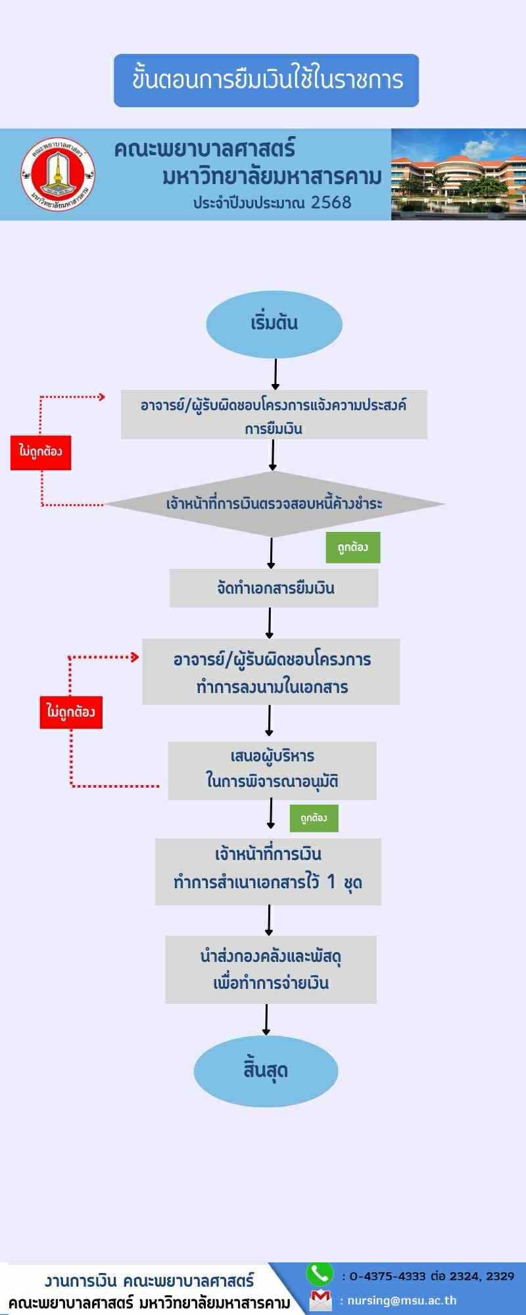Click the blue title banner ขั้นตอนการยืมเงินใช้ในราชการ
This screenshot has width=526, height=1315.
[266, 80]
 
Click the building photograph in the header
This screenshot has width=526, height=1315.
[458, 174]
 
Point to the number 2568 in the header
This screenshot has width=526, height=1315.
[331, 203]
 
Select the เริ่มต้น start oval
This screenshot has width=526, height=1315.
[274, 323]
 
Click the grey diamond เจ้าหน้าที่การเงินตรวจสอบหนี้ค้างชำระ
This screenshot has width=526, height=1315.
[274, 504]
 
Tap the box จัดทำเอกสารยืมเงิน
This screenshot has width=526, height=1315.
[274, 588]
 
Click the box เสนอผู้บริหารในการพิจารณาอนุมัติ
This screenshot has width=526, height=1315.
[272, 770]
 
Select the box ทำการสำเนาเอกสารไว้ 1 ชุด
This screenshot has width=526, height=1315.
[268, 871]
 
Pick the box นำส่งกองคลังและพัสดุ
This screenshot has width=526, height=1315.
[271, 969]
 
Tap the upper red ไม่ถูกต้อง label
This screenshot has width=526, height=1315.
[41, 452]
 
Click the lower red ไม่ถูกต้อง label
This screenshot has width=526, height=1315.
[71, 712]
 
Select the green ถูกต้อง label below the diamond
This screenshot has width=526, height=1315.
[353, 547]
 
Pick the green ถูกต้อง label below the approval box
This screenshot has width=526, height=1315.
[314, 818]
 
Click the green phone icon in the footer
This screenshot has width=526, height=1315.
[320, 1274]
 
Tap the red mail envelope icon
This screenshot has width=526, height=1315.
[320, 1300]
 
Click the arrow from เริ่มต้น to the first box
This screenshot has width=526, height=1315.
[275, 374]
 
